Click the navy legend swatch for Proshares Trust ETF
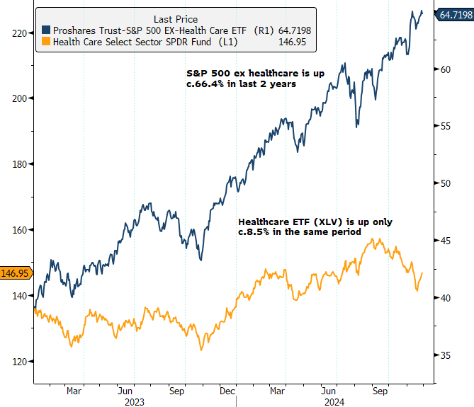pos(46,30)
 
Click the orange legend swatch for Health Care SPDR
pos(46,42)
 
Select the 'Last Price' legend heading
pos(176,19)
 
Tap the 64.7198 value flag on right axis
pos(452,13)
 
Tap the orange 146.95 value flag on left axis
pos(16,273)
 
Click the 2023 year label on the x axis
pos(135,401)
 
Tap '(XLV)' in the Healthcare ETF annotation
pos(306,222)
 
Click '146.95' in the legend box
pos(296,42)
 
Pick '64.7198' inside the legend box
pos(290,30)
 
